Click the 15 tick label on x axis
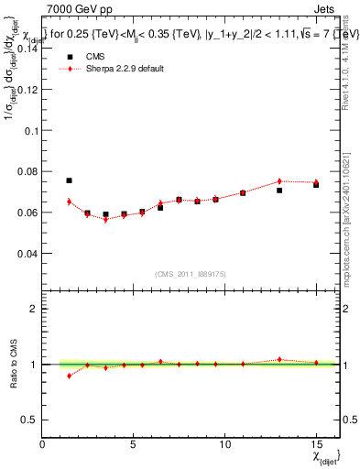pyautogui.click(x=316, y=444)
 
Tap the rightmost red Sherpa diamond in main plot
pyautogui.click(x=316, y=182)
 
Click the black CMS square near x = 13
pyautogui.click(x=279, y=191)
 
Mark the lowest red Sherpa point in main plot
pyautogui.click(x=105, y=220)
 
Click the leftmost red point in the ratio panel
pyautogui.click(x=69, y=376)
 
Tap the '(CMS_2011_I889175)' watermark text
pyautogui.click(x=191, y=272)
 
